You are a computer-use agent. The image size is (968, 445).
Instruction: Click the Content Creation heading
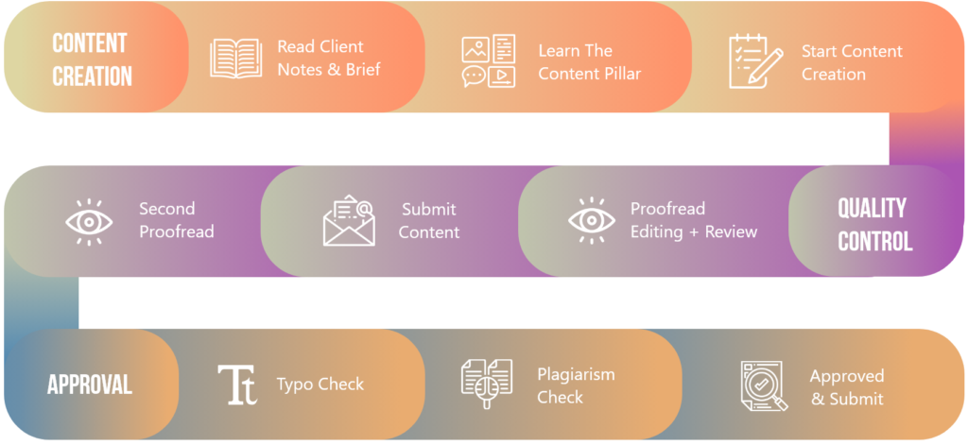point(92,59)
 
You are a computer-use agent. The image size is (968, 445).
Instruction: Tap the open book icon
point(236,58)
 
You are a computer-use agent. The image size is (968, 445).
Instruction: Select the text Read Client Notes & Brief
point(328,58)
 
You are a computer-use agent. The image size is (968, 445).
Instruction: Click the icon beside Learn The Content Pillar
point(489,61)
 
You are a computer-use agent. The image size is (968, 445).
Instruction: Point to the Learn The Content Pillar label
point(589,61)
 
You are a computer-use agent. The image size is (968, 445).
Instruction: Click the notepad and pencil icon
point(754,61)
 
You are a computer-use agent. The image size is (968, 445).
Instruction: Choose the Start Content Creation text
point(851,62)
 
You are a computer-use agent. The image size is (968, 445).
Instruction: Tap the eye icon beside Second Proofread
point(89,220)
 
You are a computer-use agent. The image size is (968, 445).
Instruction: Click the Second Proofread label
point(176,220)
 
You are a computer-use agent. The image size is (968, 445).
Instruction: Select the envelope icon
point(349,220)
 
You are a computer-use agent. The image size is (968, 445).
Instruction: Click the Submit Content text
point(429,220)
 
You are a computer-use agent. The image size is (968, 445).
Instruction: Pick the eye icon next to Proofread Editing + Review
point(592,220)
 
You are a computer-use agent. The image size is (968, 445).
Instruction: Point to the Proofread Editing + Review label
point(693,220)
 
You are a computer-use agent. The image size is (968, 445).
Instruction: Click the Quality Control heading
point(874,224)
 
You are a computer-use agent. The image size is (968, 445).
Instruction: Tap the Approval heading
point(90,385)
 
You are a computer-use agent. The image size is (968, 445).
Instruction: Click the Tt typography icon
point(237,385)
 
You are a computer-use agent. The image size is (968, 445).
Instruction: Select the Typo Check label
point(320,385)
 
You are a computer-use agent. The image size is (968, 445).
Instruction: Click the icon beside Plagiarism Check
point(486,384)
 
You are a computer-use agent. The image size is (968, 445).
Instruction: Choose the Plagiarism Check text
point(575,385)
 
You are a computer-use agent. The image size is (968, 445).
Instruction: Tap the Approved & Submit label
point(847,387)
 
